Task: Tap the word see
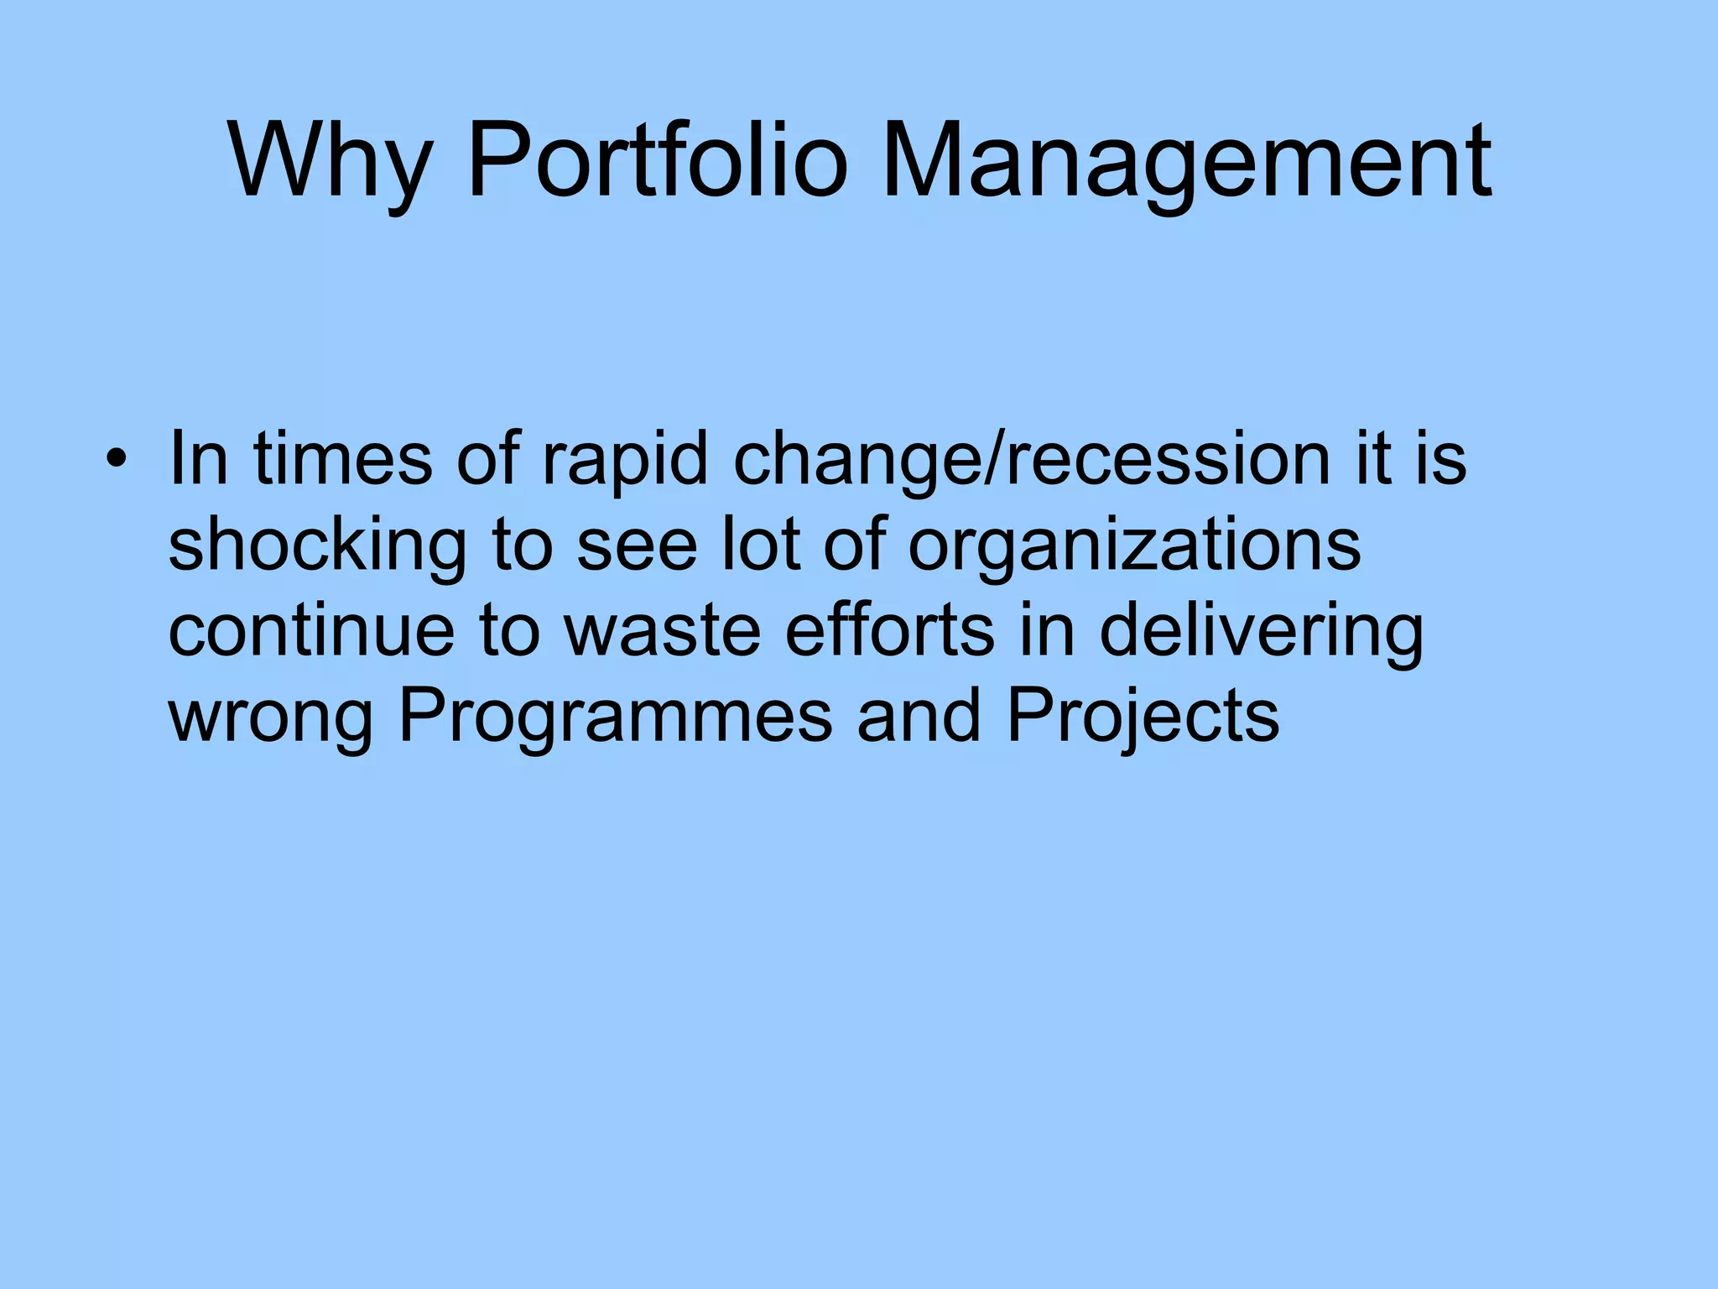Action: click(x=637, y=547)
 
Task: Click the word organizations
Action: click(x=1134, y=547)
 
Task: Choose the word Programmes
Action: click(x=615, y=718)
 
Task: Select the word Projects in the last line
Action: click(x=1143, y=718)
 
